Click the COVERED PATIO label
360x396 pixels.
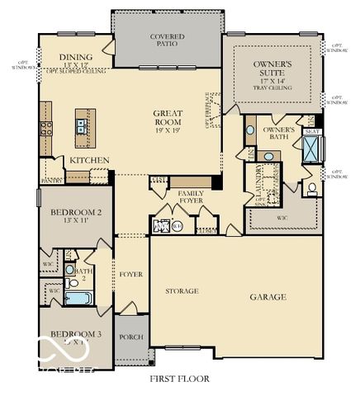pyautogui.click(x=166, y=41)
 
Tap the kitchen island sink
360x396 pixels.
pyautogui.click(x=83, y=125)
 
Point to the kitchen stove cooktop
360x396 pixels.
pyautogui.click(x=47, y=128)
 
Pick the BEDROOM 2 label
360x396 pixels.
pyautogui.click(x=75, y=217)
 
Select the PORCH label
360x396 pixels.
pyautogui.click(x=131, y=337)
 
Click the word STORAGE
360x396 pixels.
pyautogui.click(x=182, y=291)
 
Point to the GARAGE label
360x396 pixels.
pyautogui.click(x=268, y=296)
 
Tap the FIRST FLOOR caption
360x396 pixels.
pyautogui.click(x=179, y=379)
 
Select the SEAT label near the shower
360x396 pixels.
pyautogui.click(x=312, y=131)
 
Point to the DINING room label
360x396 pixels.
pyautogui.click(x=76, y=57)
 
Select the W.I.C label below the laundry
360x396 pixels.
pyautogui.click(x=282, y=218)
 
